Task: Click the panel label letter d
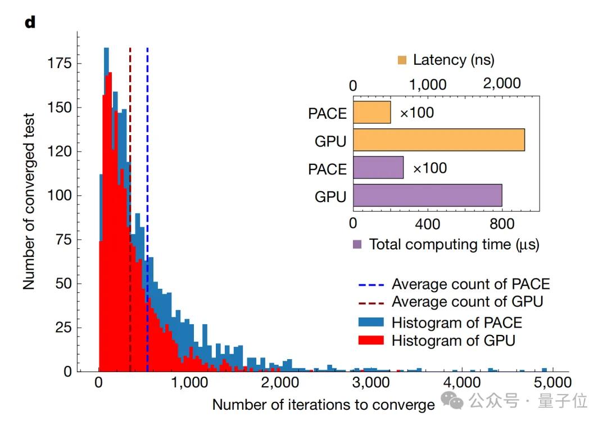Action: (29, 23)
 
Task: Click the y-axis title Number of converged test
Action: (29, 202)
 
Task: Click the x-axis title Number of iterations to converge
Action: (323, 405)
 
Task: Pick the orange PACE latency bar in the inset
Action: (372, 113)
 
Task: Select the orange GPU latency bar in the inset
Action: (439, 140)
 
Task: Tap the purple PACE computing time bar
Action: (378, 168)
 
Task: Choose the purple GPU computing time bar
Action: (428, 195)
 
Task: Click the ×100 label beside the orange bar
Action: (417, 113)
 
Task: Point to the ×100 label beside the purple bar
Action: (430, 168)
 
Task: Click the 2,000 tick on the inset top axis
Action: (501, 84)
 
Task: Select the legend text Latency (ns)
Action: (454, 60)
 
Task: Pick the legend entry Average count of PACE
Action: (470, 284)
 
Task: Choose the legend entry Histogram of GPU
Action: (453, 341)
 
